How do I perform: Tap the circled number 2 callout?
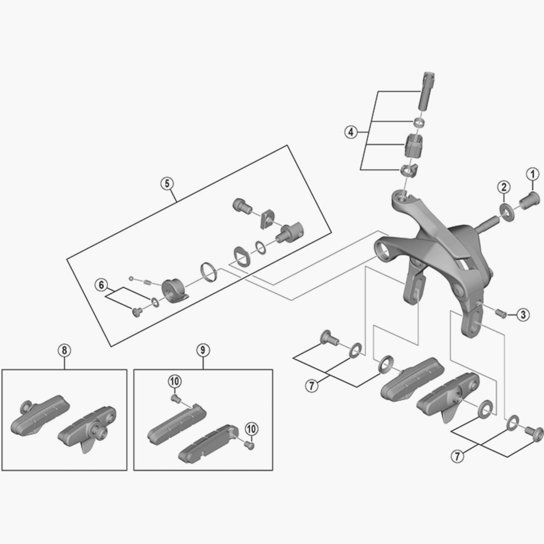tap(504, 186)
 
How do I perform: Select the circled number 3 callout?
tap(523, 314)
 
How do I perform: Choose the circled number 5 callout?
tap(167, 184)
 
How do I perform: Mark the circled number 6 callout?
tap(101, 285)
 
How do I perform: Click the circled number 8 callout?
tap(64, 351)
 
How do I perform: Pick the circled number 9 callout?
tap(203, 351)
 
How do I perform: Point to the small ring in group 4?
tap(419, 123)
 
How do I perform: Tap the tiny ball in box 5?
tap(131, 279)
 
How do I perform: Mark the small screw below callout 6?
tap(136, 311)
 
